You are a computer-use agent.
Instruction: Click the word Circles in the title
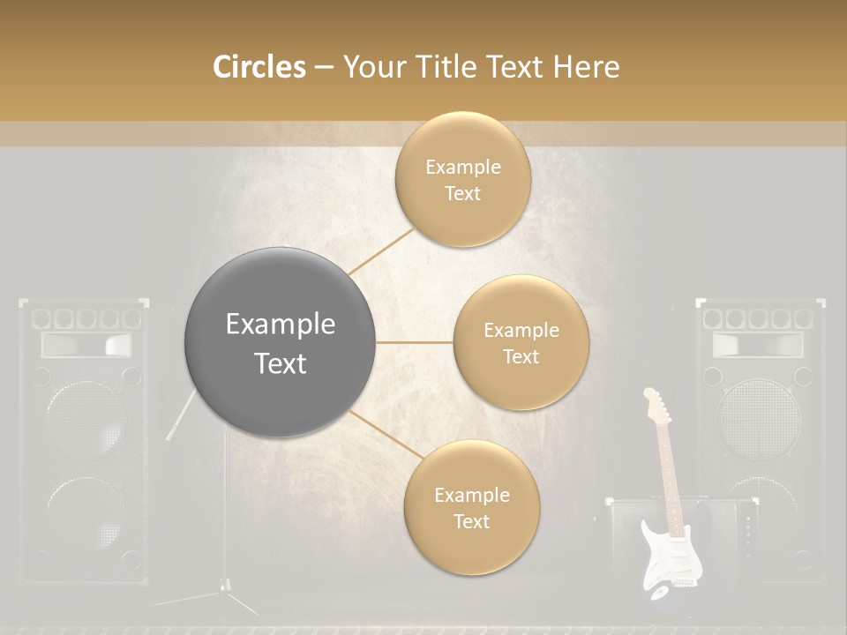[259, 67]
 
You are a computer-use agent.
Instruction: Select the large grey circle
[280, 342]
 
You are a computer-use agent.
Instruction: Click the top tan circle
[462, 179]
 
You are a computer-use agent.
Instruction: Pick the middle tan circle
[521, 342]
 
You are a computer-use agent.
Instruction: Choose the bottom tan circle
[471, 507]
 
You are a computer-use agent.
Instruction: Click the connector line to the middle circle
[414, 342]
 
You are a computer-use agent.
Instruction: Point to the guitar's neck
[670, 476]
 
